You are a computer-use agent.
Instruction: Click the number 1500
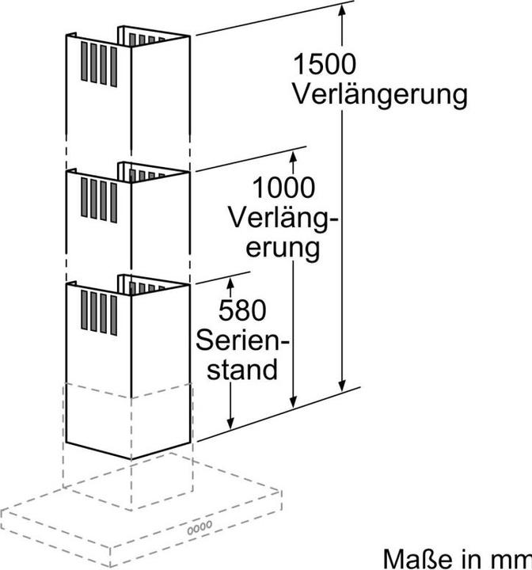point(325,64)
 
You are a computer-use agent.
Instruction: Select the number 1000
point(283,187)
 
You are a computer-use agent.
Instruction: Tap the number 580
point(242,310)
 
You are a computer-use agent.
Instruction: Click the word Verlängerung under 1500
point(380,96)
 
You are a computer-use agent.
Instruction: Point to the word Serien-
point(242,340)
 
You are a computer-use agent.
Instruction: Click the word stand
point(242,369)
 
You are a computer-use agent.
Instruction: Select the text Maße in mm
point(458,558)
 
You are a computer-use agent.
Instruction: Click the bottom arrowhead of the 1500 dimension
point(341,386)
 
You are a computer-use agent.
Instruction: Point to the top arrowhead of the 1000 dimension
point(293,156)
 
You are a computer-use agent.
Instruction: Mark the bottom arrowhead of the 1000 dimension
point(293,402)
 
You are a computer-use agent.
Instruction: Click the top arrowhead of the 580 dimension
point(230,283)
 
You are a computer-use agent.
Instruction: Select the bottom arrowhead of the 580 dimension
point(230,424)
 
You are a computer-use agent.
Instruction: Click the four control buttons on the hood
point(199,528)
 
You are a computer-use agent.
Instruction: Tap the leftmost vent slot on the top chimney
point(85,62)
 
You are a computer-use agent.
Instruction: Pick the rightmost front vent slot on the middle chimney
point(114,203)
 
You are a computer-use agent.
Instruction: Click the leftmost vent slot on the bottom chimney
point(85,310)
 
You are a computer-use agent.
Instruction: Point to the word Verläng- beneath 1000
point(283,218)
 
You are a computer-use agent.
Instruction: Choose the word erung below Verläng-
point(283,249)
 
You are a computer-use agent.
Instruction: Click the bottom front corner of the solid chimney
point(131,458)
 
